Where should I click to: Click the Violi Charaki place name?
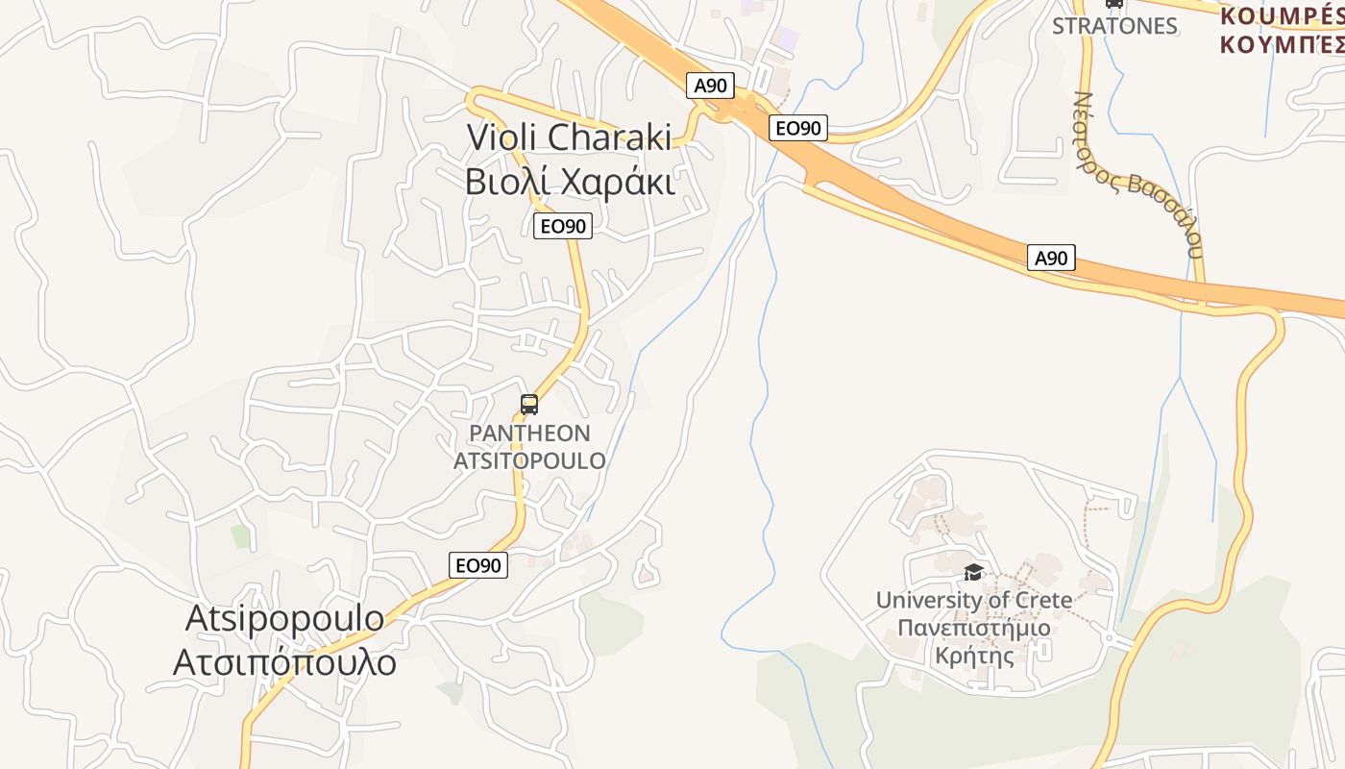569,136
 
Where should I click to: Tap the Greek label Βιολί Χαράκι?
570,181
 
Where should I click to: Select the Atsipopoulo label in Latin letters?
284,618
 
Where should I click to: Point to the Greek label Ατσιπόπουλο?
284,662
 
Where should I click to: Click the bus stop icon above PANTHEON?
529,405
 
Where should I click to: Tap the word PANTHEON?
529,434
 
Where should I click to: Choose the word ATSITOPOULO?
529,461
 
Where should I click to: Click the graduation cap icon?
973,573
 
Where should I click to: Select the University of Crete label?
973,601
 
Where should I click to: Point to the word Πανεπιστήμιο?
973,629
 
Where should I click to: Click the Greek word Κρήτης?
973,657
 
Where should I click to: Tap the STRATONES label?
1114,26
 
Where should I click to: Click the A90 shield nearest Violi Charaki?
711,86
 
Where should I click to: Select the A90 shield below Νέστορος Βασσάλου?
1051,258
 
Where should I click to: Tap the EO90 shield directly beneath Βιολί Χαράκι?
563,227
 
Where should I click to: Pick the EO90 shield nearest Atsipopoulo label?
478,565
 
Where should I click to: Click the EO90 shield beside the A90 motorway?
798,128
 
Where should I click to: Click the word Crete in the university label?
1040,601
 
